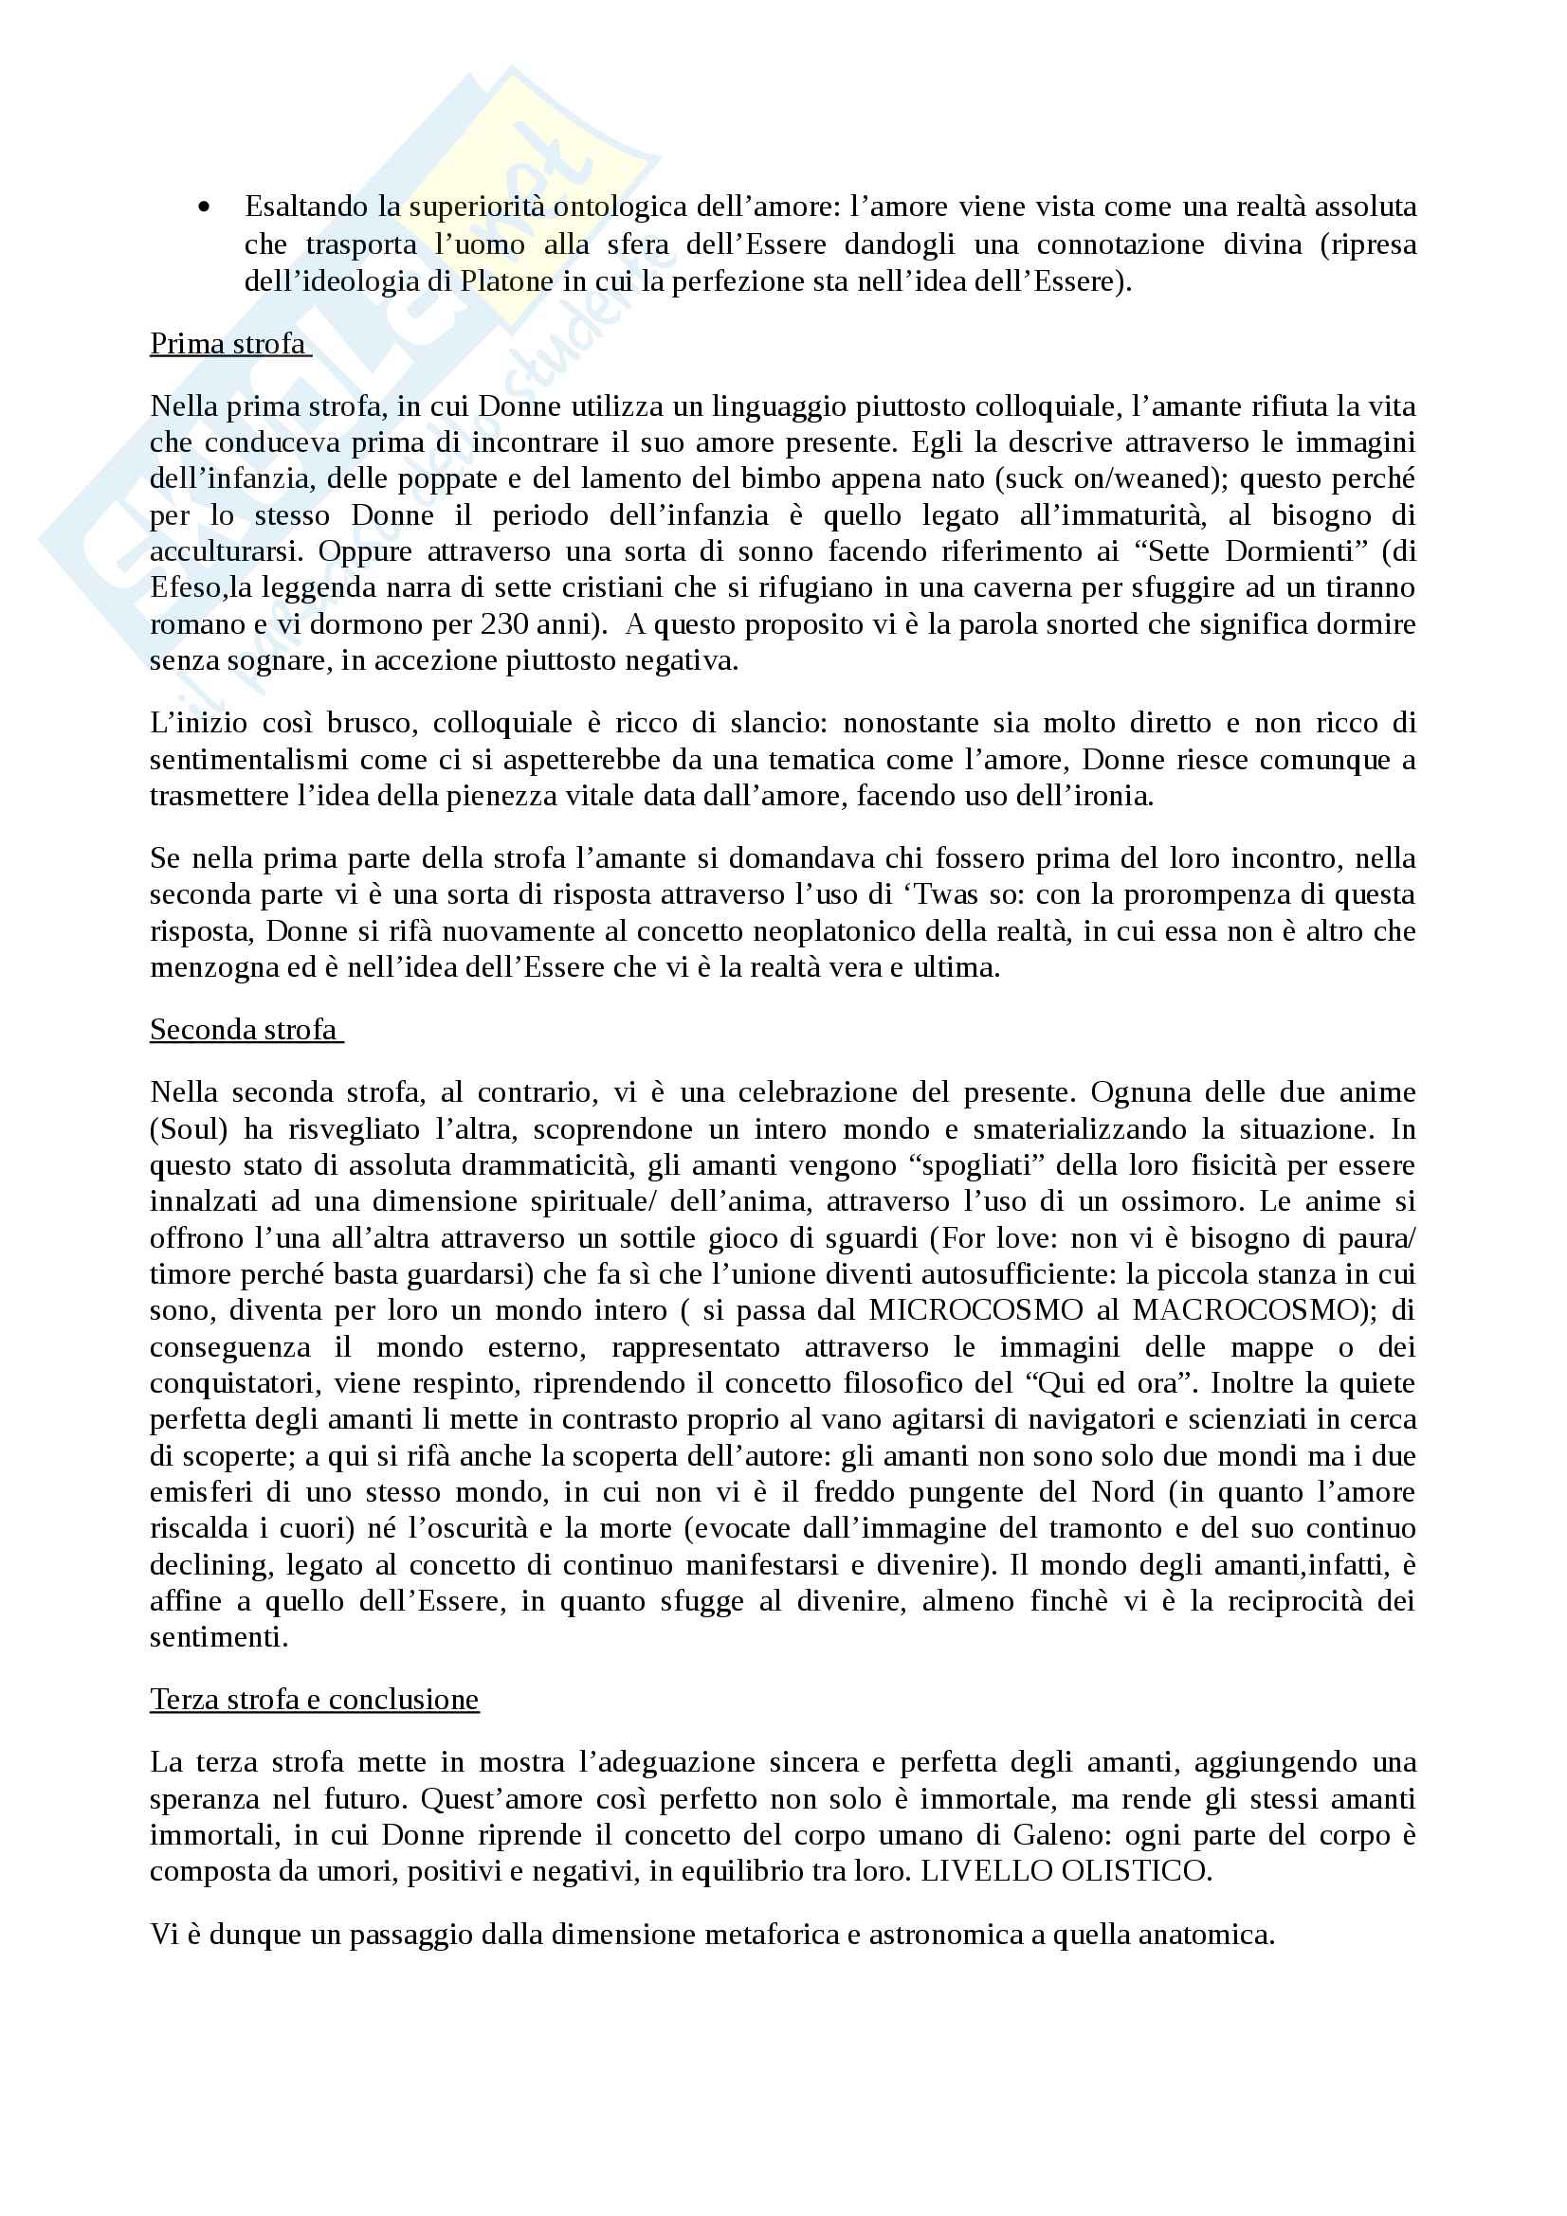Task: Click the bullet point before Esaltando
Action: click(203, 207)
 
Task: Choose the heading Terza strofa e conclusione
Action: click(314, 1699)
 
